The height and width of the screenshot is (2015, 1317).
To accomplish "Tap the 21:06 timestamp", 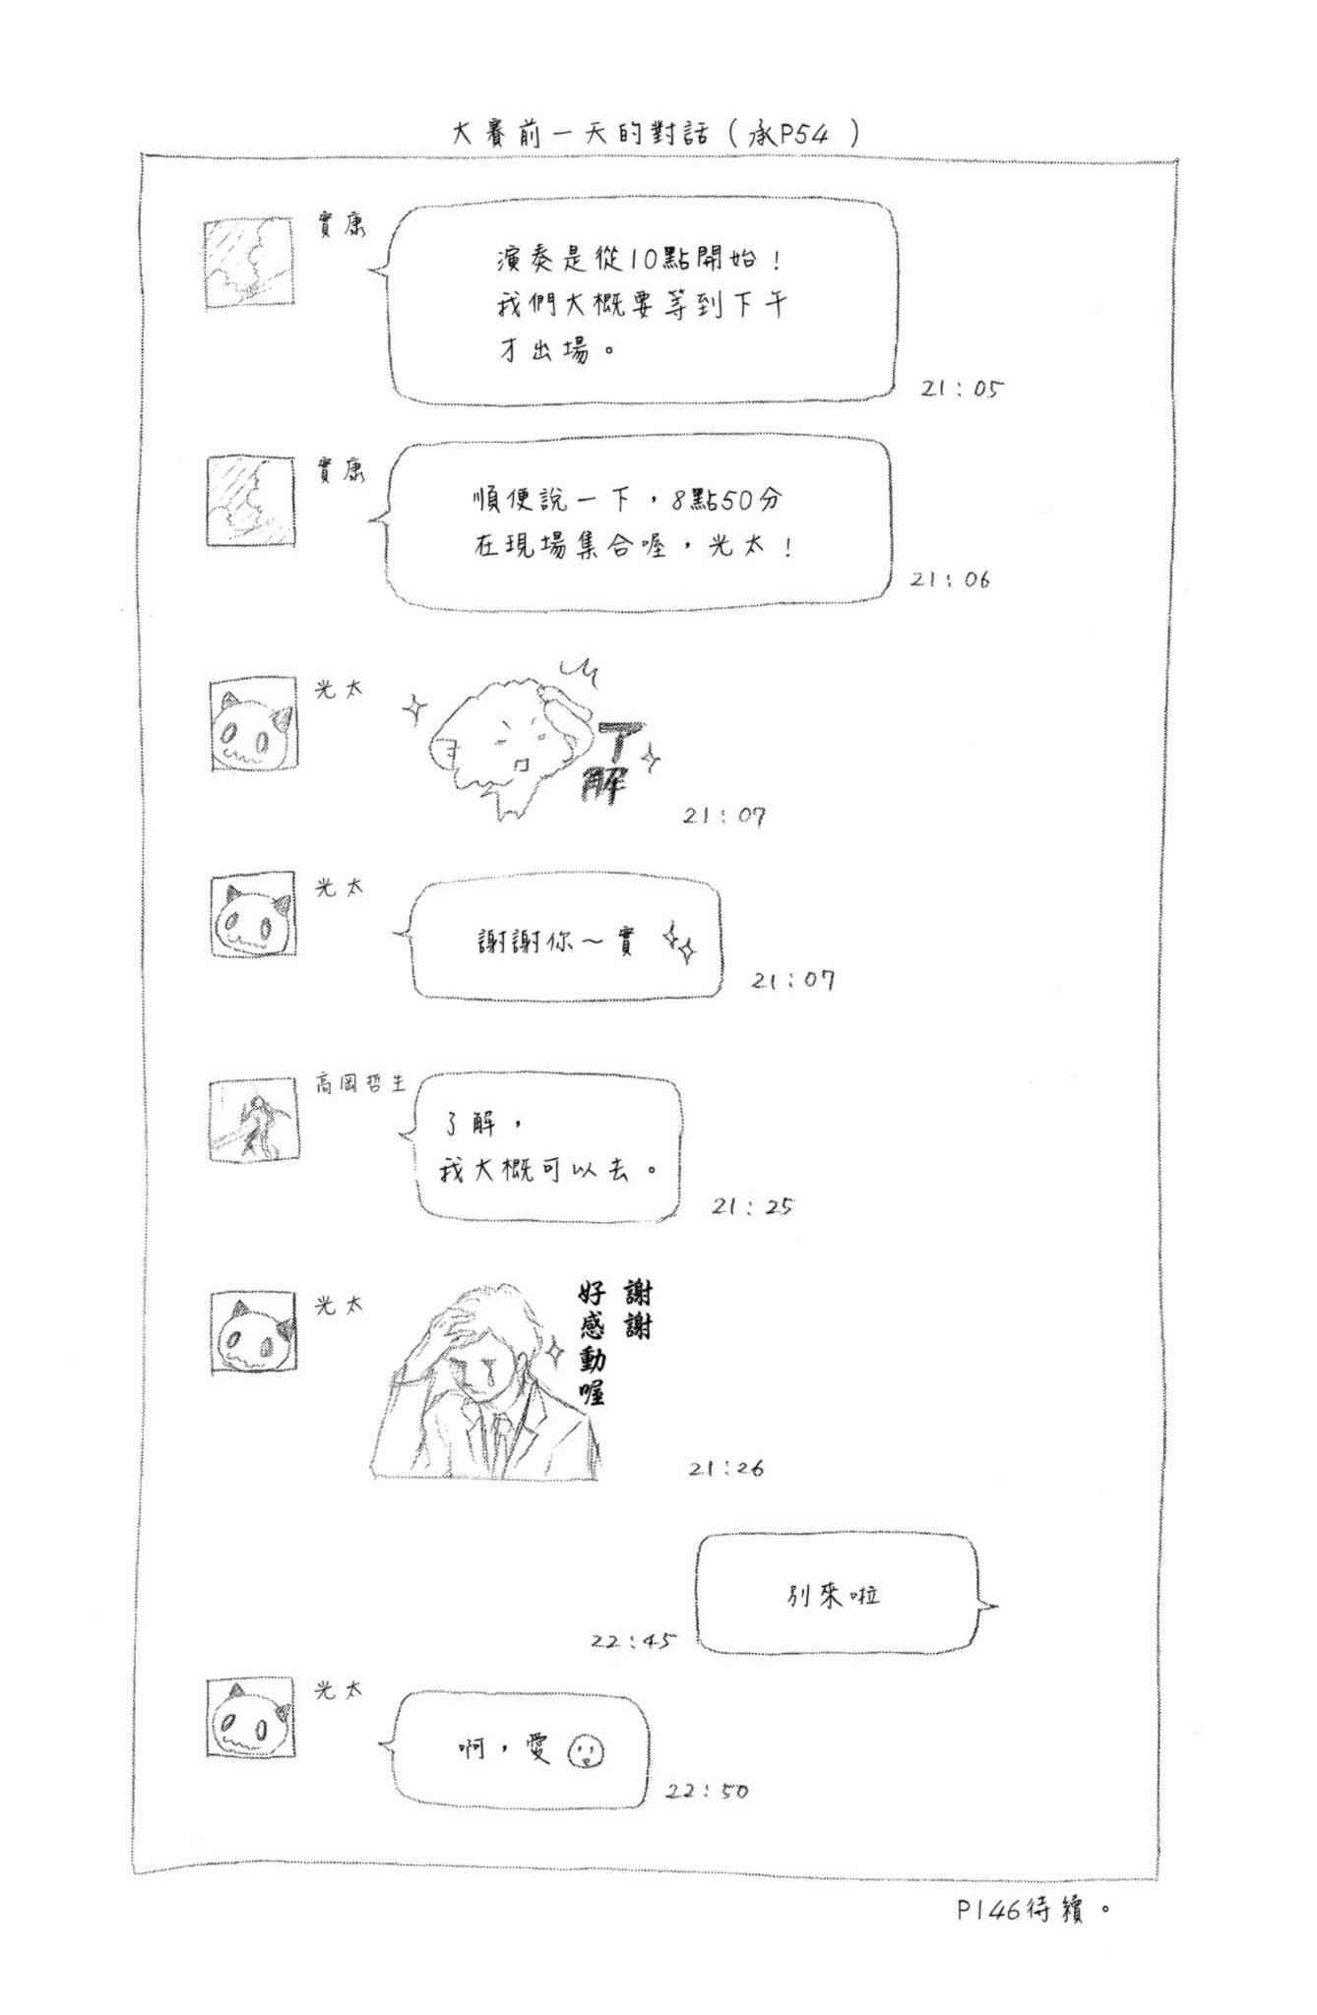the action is pyautogui.click(x=949, y=580).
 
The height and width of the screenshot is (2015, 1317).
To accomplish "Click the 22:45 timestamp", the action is pyautogui.click(x=634, y=1641).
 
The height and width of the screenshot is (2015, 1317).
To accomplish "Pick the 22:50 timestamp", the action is pyautogui.click(x=707, y=1791).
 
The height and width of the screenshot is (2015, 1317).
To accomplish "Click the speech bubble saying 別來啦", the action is pyautogui.click(x=837, y=1595).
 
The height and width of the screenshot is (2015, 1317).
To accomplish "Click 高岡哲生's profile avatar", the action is pyautogui.click(x=253, y=1121).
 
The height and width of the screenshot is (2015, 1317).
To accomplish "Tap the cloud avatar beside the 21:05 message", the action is pyautogui.click(x=250, y=263).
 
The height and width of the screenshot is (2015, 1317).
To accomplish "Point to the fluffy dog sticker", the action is pyautogui.click(x=502, y=743).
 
